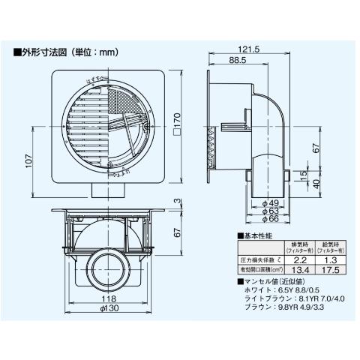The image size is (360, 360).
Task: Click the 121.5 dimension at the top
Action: point(251,49)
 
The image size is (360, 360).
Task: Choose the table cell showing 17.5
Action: point(329,270)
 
